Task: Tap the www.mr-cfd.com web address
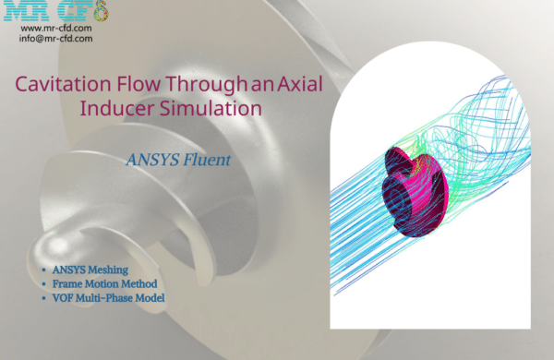click(x=55, y=29)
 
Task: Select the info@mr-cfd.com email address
click(x=55, y=40)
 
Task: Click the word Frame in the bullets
click(x=72, y=285)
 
